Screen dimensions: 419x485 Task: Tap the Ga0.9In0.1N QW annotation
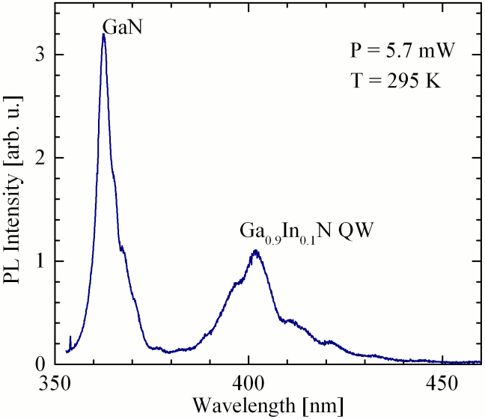(306, 231)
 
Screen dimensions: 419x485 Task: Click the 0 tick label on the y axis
(42, 364)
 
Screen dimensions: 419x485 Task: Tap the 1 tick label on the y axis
(42, 261)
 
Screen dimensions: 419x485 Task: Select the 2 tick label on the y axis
(42, 158)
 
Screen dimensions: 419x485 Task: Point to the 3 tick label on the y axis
(42, 55)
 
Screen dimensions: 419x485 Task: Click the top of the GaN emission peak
(103, 34)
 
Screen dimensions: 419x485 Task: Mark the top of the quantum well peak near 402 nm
(256, 251)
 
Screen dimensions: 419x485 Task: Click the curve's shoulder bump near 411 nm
(290, 320)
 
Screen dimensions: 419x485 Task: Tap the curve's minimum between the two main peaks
(171, 352)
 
